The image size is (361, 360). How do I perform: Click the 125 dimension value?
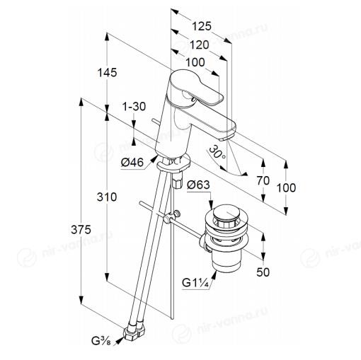201,26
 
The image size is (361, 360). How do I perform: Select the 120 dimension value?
200,45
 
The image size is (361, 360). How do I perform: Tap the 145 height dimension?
107,72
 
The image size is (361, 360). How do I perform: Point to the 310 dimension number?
107,197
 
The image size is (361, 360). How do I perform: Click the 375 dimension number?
81,229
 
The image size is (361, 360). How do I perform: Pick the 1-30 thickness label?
134,107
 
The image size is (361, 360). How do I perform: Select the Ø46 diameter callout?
132,163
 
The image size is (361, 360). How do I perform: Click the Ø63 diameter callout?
198,185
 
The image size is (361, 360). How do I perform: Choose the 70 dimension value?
263,181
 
